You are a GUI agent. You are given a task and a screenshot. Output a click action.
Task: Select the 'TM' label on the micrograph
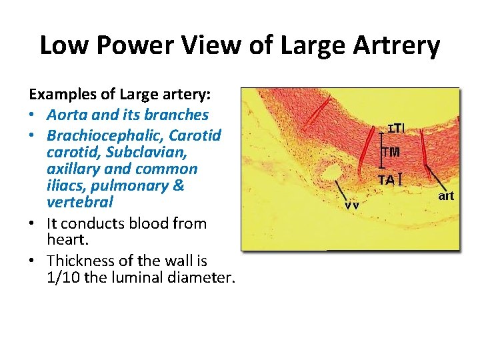[x=391, y=152]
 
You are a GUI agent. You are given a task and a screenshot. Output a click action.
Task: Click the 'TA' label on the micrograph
[x=387, y=179]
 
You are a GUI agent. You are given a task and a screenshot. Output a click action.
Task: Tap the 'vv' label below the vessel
[x=352, y=205]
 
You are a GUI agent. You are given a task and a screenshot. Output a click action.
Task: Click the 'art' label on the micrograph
[x=446, y=195]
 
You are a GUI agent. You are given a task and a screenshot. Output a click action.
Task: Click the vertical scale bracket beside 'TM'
[x=381, y=152]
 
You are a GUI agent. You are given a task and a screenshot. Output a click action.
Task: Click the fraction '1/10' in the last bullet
[x=63, y=277]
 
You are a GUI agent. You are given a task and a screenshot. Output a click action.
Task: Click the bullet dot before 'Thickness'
[x=35, y=261]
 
